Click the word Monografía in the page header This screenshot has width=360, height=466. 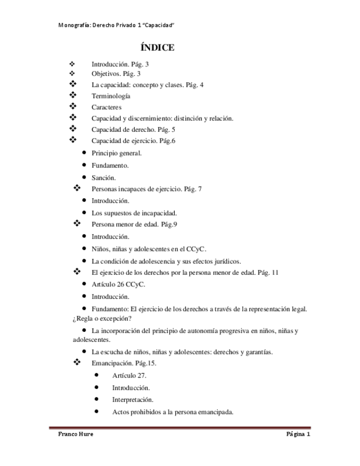pyautogui.click(x=74, y=26)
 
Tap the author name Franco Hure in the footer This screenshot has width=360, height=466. pyautogui.click(x=76, y=434)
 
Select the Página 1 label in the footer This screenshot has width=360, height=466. pyautogui.click(x=298, y=434)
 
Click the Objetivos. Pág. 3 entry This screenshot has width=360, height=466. pyautogui.click(x=116, y=73)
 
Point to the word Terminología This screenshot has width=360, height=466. pyautogui.click(x=110, y=96)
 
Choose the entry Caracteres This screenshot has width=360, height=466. pyautogui.click(x=106, y=107)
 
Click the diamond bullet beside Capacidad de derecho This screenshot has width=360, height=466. pyautogui.click(x=73, y=129)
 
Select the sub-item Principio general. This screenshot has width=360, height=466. pyautogui.click(x=117, y=153)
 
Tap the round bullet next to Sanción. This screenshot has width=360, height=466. pyautogui.click(x=84, y=177)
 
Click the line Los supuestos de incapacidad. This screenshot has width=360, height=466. pyautogui.click(x=134, y=213)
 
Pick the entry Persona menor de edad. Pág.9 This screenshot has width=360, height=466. pyautogui.click(x=126, y=224)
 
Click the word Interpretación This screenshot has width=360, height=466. pyautogui.click(x=132, y=399)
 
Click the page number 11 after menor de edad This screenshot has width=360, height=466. pyautogui.click(x=275, y=272)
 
